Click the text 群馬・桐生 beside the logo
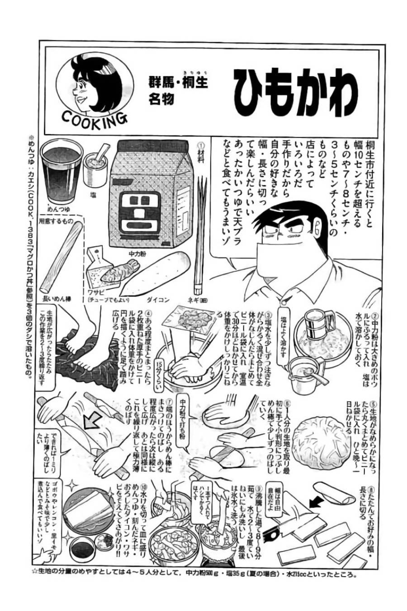(x=178, y=84)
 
